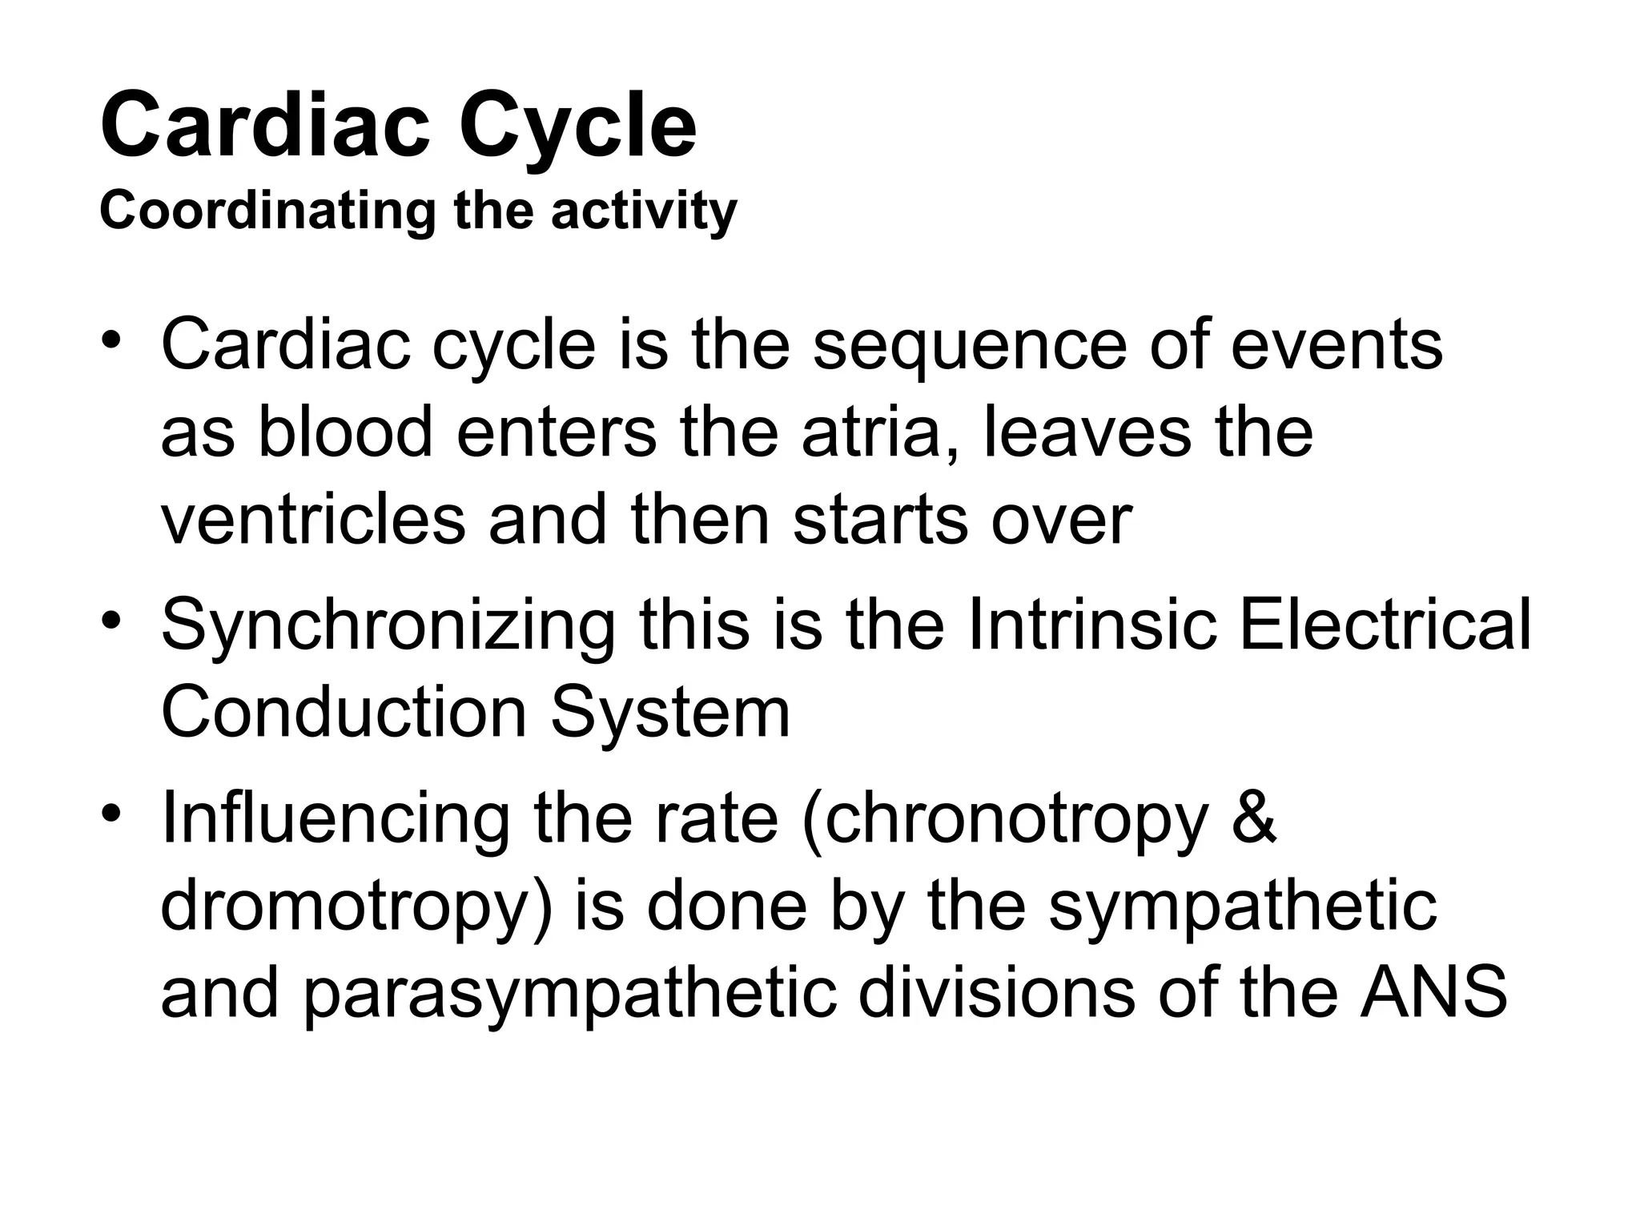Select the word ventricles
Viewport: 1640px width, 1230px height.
point(313,521)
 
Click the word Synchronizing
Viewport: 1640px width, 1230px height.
point(388,626)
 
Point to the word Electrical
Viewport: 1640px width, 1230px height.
point(1385,625)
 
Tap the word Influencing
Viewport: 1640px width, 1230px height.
point(335,820)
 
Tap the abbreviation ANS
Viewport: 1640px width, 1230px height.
point(1433,995)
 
